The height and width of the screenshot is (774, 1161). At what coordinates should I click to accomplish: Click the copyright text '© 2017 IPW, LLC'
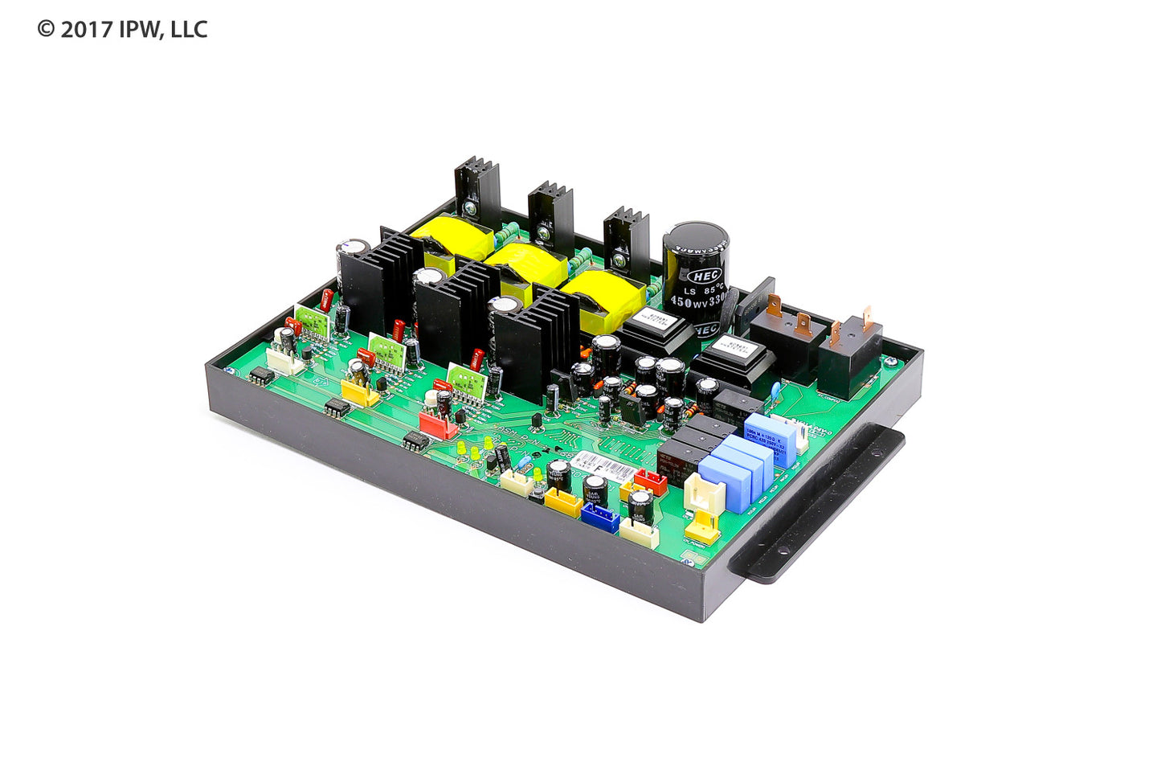pos(122,30)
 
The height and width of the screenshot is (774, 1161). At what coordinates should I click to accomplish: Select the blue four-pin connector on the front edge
pos(599,518)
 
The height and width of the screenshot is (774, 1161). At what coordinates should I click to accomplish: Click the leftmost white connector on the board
pos(284,359)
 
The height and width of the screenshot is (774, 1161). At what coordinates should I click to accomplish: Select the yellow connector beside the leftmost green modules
pos(359,392)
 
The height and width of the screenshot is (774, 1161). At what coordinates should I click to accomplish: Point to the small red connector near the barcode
pos(650,481)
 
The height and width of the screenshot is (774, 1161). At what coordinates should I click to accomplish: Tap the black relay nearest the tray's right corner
pos(849,355)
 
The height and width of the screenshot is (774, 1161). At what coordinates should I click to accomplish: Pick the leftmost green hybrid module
pos(313,321)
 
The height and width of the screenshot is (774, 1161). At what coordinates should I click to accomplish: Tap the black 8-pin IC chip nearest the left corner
pos(261,377)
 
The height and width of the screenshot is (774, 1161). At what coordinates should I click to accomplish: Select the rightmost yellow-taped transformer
pos(603,298)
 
